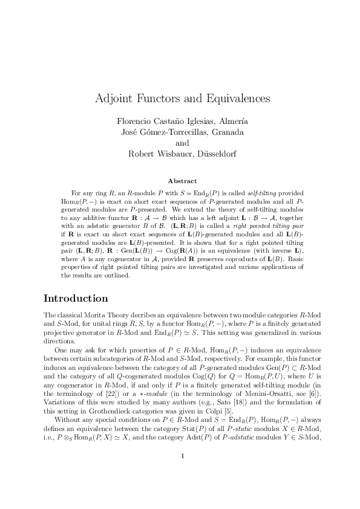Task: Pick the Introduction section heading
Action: tap(76, 299)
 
